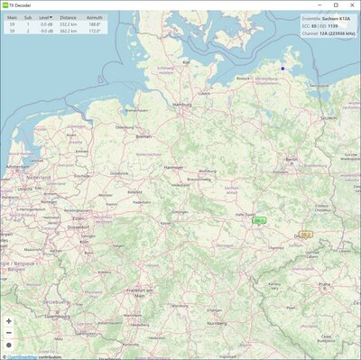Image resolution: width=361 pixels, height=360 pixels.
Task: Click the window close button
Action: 352,5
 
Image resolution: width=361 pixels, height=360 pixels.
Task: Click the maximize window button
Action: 336,5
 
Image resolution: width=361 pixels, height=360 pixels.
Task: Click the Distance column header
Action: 69,17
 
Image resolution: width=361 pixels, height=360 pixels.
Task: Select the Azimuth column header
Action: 94,17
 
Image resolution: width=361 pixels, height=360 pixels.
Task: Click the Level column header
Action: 44,17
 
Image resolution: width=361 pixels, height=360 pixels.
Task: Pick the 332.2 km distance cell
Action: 69,24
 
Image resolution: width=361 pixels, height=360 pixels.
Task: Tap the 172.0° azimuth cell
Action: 94,32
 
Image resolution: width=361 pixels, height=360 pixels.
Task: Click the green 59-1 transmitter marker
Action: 260,219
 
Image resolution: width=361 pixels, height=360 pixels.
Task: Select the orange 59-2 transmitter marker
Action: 306,235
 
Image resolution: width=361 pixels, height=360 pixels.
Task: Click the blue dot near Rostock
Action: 282,69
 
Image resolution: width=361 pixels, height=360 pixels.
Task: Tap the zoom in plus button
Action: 9,320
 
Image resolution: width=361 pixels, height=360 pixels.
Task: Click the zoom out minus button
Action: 9,332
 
